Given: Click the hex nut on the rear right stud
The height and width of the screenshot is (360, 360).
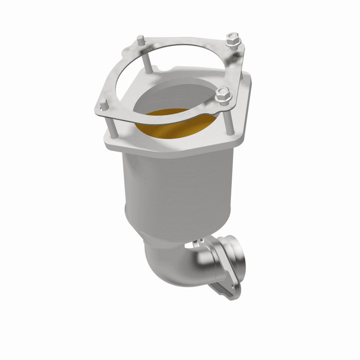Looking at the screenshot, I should [233, 41].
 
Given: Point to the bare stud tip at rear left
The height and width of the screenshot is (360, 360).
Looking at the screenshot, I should [141, 40].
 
